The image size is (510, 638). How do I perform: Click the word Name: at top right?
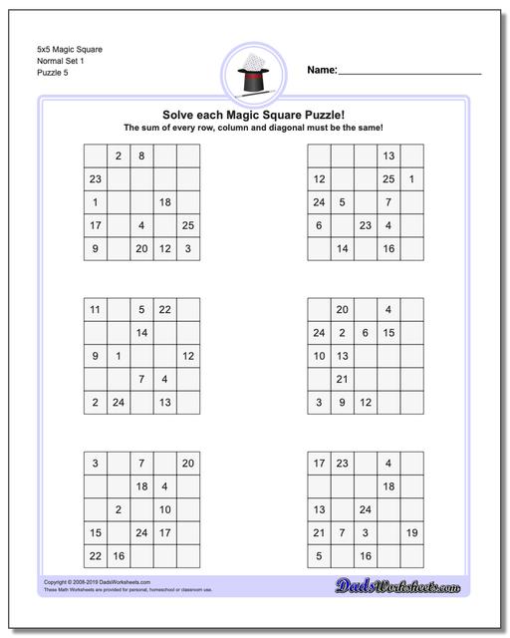tap(322, 71)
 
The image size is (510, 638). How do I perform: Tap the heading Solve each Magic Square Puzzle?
tap(253, 115)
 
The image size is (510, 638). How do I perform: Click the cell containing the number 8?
tap(141, 157)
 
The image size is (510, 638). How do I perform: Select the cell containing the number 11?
tap(95, 310)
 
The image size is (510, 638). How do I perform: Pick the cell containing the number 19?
tap(411, 533)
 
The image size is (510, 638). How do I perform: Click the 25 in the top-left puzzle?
tap(188, 226)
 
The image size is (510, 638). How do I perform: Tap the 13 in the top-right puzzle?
tap(388, 157)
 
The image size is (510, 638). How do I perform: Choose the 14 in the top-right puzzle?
tap(341, 249)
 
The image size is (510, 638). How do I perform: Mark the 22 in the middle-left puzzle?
tap(164, 310)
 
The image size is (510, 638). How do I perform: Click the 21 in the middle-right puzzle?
tap(341, 380)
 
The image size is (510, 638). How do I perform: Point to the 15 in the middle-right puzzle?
tap(388, 333)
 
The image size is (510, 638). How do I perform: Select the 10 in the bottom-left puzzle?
tap(164, 509)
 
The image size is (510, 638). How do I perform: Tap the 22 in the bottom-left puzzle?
tap(95, 556)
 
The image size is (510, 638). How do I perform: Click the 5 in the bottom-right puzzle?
tap(318, 556)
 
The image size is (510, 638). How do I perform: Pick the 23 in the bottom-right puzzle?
tap(341, 464)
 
